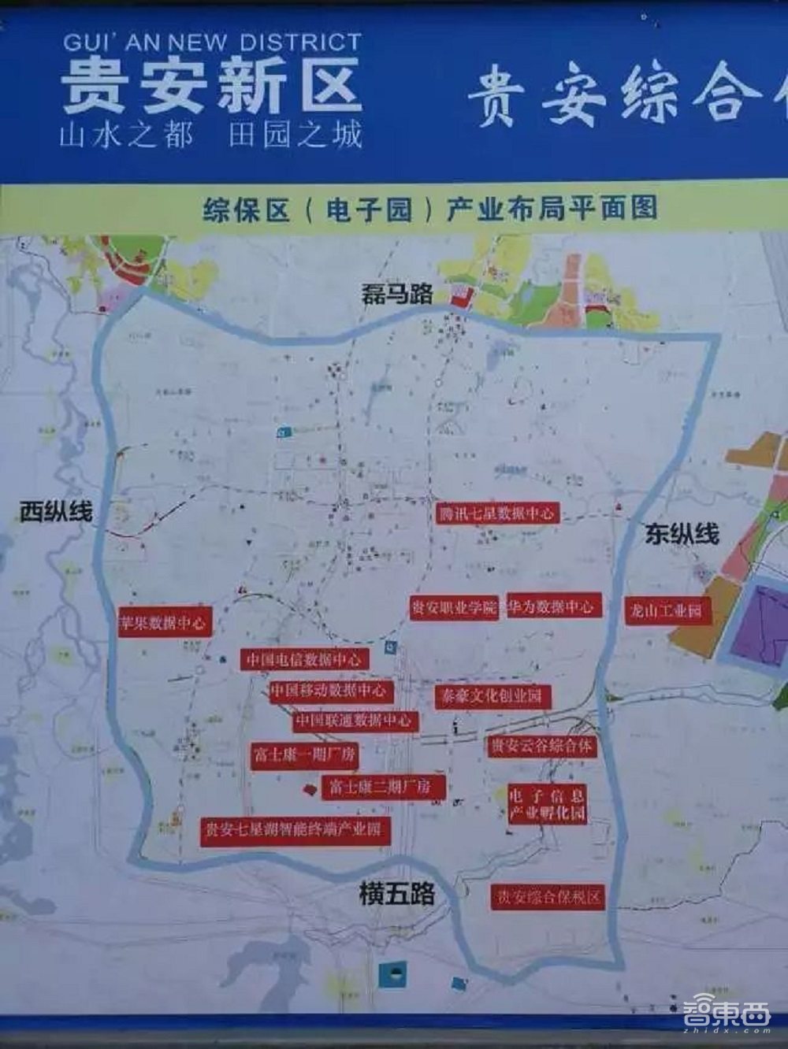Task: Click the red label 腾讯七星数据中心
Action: click(x=497, y=513)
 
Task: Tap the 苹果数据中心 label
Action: click(x=164, y=622)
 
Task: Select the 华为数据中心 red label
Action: click(x=551, y=606)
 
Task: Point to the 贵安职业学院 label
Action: click(x=455, y=608)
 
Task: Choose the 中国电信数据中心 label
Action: click(x=304, y=658)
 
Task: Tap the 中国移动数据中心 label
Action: click(x=329, y=691)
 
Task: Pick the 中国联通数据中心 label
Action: click(x=354, y=720)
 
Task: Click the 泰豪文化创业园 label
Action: click(x=492, y=696)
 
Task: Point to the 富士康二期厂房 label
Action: click(x=381, y=786)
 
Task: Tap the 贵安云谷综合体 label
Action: click(x=541, y=745)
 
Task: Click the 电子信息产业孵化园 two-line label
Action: click(x=547, y=803)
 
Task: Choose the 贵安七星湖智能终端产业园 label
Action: click(x=295, y=828)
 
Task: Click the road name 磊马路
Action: click(x=397, y=294)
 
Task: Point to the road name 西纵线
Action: click(x=56, y=512)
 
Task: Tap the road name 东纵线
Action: click(x=682, y=534)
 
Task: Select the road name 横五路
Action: click(x=396, y=895)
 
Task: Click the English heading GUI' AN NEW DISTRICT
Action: click(x=211, y=43)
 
